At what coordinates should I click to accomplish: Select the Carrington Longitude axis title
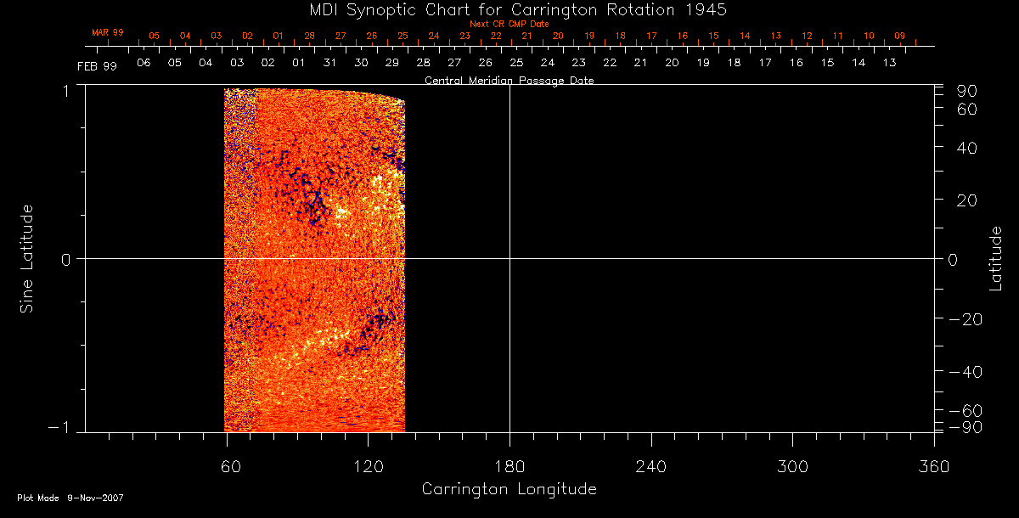tap(509, 489)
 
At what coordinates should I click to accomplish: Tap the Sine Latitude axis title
tap(26, 258)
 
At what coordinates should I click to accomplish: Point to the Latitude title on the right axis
tap(995, 258)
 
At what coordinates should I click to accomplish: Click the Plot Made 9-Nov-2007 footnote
tap(70, 498)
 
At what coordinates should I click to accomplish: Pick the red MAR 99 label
tap(108, 32)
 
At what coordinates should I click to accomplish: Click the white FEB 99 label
tap(97, 65)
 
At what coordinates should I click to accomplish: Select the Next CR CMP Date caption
tap(509, 24)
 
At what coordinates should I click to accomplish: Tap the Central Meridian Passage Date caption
tap(509, 81)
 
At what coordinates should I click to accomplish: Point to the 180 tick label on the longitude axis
tap(509, 467)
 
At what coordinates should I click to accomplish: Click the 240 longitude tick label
tap(650, 467)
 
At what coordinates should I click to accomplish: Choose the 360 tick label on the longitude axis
tap(933, 467)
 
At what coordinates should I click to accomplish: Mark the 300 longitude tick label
tap(791, 467)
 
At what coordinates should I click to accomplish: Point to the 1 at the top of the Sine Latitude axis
tap(65, 91)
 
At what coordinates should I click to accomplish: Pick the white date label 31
tap(329, 63)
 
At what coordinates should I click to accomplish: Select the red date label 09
tap(899, 36)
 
